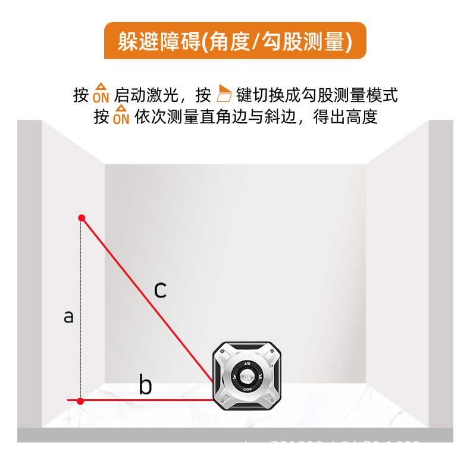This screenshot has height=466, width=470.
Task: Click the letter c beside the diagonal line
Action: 160,290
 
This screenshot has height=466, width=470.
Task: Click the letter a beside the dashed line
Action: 69,316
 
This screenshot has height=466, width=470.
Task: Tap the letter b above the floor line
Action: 145,385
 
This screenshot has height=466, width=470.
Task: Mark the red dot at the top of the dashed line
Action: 82,218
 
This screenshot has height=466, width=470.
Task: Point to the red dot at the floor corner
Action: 80,401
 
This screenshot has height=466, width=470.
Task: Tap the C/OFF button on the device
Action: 247,390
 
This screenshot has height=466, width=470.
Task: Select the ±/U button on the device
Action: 247,363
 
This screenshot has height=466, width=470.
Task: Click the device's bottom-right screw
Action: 272,401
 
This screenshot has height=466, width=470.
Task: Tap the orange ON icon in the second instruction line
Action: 121,116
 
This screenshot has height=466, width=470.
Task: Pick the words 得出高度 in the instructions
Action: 349,116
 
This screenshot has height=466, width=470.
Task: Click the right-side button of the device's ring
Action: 261,377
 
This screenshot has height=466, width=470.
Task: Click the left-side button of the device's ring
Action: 234,377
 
